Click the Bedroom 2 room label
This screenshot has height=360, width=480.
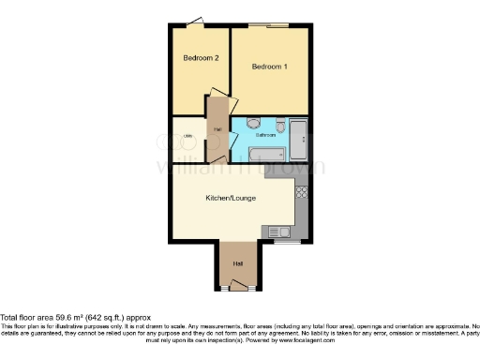201,58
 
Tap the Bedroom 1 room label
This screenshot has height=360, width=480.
270,67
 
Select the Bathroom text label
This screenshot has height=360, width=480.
265,135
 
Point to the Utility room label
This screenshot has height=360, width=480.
188,137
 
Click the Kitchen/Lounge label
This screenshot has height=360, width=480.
231,198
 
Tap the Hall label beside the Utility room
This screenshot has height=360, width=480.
217,129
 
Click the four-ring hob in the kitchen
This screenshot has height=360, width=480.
302,194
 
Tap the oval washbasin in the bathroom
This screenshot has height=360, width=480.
253,124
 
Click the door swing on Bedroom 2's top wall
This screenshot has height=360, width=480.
194,22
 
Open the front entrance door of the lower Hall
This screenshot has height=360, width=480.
236,284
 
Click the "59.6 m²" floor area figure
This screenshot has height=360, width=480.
69,317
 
